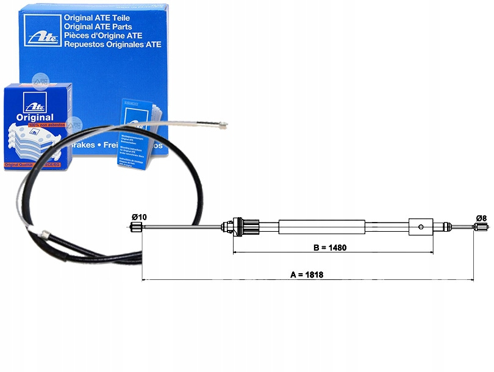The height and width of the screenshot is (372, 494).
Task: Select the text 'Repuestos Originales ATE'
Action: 113,44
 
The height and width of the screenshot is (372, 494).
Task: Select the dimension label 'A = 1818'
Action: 306,274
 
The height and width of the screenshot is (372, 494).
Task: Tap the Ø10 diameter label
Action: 138,216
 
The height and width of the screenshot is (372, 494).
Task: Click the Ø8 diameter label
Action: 481,218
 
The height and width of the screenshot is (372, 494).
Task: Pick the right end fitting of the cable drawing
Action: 481,228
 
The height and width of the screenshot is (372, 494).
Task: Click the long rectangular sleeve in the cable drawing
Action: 321,227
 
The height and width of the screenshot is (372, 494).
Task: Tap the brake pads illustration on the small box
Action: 30,144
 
